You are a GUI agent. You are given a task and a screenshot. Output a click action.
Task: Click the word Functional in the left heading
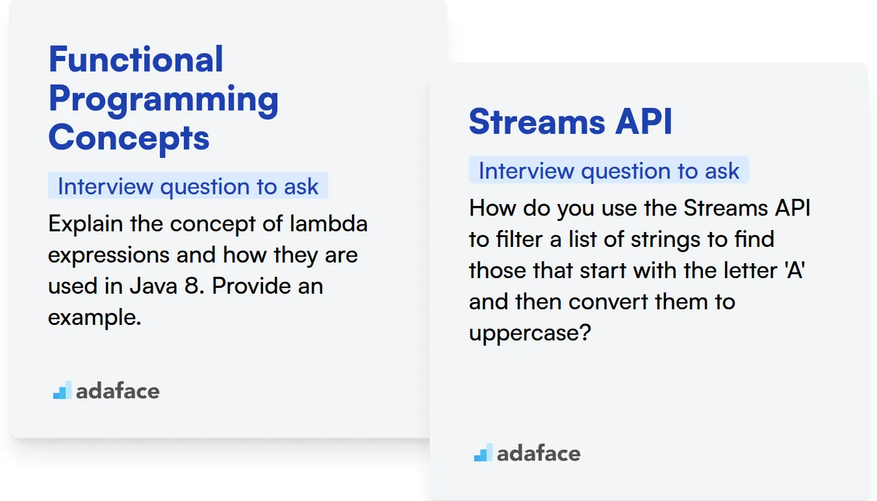tap(136, 59)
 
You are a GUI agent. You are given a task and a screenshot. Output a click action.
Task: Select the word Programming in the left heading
tap(164, 100)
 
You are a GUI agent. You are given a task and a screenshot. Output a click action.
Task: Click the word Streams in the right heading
tap(537, 122)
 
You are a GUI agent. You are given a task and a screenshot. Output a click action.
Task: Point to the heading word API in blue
tap(644, 122)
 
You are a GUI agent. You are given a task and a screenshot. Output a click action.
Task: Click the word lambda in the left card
tap(329, 224)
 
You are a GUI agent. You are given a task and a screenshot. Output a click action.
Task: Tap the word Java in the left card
tap(153, 286)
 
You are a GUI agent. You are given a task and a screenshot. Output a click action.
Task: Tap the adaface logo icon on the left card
tap(62, 390)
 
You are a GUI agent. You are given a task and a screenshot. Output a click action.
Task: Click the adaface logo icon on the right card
tap(483, 452)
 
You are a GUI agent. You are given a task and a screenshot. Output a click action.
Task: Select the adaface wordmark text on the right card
tap(539, 453)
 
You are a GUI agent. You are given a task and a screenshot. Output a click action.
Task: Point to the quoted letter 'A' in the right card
tap(794, 270)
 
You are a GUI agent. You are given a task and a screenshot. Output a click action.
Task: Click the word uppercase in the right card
tap(529, 333)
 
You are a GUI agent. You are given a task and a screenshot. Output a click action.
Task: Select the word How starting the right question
tap(492, 207)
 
